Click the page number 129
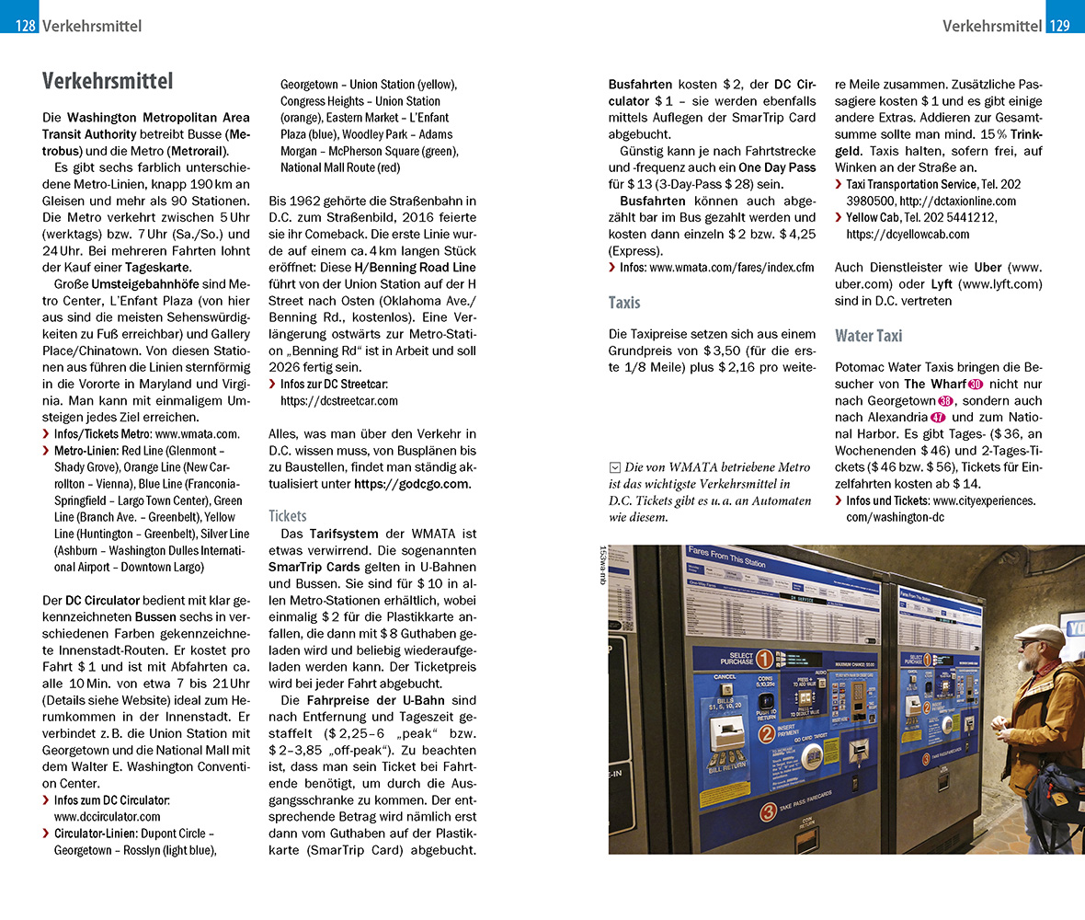[x=1060, y=26]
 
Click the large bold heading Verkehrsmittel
[x=108, y=82]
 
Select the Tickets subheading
[x=287, y=515]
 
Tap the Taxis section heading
[x=624, y=302]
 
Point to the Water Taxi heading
[x=868, y=336]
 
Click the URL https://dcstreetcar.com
[x=338, y=400]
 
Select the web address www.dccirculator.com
[x=107, y=816]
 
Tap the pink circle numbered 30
[x=976, y=385]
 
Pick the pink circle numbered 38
[x=945, y=401]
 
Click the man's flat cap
[x=1041, y=635]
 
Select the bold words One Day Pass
[x=777, y=167]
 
